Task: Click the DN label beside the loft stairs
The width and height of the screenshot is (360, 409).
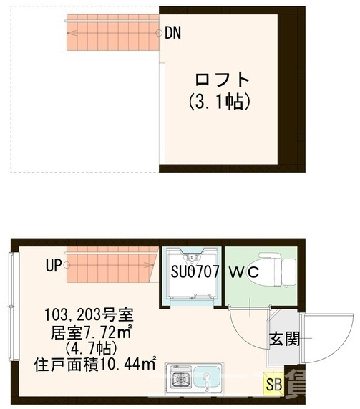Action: coord(172,32)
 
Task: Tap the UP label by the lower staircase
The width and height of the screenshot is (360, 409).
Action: coord(54,266)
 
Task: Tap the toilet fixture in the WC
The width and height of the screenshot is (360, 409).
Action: coord(276,269)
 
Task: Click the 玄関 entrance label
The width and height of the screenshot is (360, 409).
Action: coord(280,339)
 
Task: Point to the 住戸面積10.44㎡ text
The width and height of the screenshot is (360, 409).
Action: coord(95,364)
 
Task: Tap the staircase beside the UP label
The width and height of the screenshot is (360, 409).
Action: coord(112,266)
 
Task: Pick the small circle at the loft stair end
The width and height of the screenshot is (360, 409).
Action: coord(159,33)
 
